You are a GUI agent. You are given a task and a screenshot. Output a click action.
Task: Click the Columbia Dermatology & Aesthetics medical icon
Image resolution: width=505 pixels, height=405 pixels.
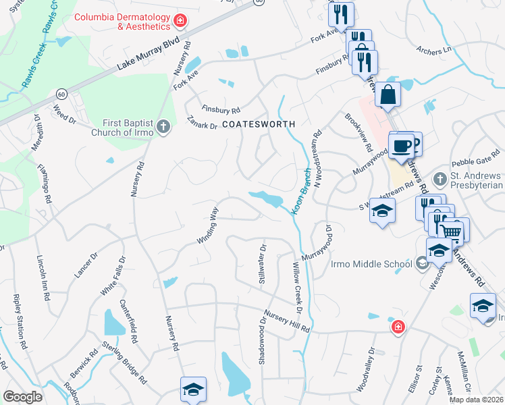pos(180,21)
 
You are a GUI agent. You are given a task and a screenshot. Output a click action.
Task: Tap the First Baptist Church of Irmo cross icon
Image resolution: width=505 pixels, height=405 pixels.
pos(163,126)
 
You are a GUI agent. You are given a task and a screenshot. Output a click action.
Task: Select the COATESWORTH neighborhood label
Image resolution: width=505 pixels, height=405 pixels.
pos(259,125)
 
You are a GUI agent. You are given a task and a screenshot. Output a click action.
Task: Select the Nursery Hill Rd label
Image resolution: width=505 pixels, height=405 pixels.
pos(286,321)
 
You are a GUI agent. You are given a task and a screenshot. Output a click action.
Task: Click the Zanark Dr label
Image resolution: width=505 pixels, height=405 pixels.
pos(203,122)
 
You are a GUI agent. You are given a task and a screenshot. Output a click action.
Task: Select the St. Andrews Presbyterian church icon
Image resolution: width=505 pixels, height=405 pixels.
pos(440,180)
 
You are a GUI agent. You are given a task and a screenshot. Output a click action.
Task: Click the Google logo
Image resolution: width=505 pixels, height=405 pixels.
pos(22,397)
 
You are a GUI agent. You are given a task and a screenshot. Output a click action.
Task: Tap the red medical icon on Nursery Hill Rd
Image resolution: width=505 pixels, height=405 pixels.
pos(399,327)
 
